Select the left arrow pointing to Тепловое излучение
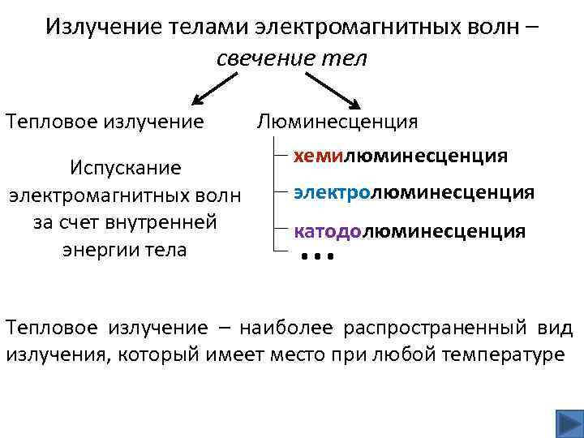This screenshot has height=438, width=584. (215, 88)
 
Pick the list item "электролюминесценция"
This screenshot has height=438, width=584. (414, 192)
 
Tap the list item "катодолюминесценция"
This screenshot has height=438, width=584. (410, 231)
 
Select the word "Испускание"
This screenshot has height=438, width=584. (124, 168)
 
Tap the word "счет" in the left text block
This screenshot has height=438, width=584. (83, 221)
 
